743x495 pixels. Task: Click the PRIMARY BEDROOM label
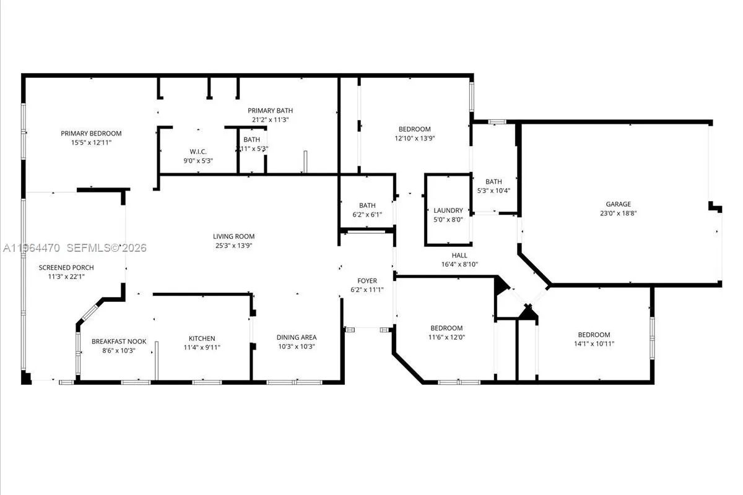(91, 133)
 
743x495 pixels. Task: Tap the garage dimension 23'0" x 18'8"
(618, 213)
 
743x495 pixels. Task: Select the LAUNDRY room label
(448, 210)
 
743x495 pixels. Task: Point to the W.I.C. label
(198, 152)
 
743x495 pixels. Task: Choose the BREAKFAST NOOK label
(118, 342)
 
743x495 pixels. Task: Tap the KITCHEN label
(202, 338)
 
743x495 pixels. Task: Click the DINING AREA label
(297, 337)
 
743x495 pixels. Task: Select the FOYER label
(367, 280)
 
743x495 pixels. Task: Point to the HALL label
(459, 255)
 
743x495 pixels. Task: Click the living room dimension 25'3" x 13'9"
(233, 245)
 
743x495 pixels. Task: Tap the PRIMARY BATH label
(271, 111)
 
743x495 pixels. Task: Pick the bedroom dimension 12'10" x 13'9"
(414, 138)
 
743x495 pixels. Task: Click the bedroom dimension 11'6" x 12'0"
(446, 337)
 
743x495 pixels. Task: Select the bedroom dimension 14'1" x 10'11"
(594, 343)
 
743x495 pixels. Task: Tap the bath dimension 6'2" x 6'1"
(367, 215)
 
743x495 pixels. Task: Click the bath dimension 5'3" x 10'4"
(493, 190)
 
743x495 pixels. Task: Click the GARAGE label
(618, 204)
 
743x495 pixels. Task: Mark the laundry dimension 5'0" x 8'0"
(448, 219)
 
